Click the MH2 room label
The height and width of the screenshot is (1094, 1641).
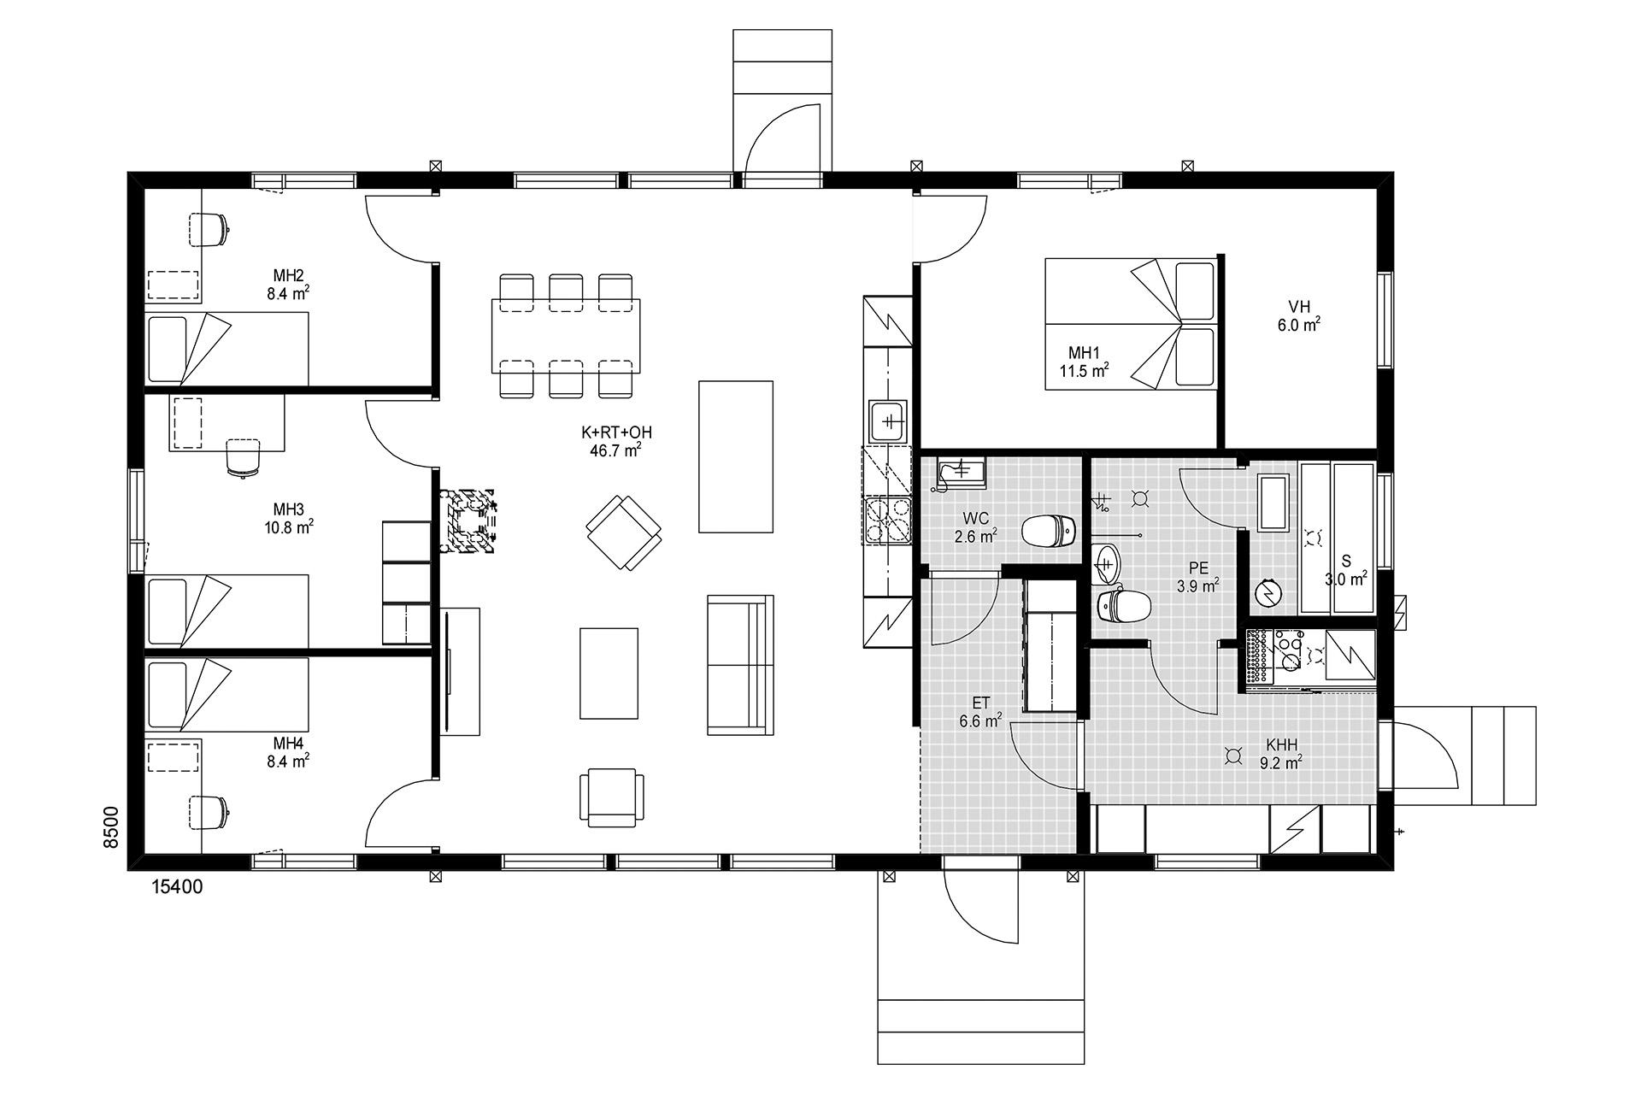coord(289,276)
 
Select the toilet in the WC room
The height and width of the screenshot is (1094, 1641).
coord(1048,532)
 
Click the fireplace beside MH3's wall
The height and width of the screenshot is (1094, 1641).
coord(468,521)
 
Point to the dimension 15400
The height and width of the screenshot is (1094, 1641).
coord(177,887)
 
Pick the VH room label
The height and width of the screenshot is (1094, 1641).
coord(1299,307)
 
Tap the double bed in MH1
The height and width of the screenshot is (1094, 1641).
coord(1131,324)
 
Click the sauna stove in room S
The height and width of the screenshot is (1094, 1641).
coord(1268,591)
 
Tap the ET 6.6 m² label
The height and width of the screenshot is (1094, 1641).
coord(980,712)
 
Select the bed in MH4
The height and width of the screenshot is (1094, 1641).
coord(226,694)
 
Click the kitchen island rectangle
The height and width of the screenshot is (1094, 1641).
coord(736,456)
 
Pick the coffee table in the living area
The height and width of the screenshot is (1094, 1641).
coord(609,673)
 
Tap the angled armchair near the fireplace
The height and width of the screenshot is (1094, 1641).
coord(624,532)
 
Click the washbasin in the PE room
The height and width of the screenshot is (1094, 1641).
coord(1109,563)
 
